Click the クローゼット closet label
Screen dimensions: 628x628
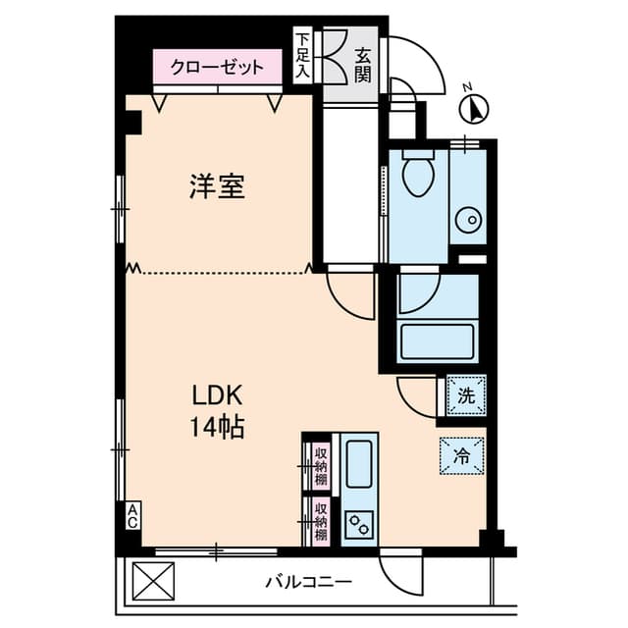pos(217,68)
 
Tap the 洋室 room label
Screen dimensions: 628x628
pos(217,185)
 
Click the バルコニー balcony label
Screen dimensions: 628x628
pos(308,582)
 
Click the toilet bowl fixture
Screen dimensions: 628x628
pos(418,175)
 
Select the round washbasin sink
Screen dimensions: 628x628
pos(466,218)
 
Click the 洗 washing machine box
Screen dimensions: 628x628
pos(466,397)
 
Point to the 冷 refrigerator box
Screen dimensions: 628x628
pos(461,455)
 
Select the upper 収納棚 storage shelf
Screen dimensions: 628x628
pos(319,465)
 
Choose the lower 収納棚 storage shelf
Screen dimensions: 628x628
pos(319,521)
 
